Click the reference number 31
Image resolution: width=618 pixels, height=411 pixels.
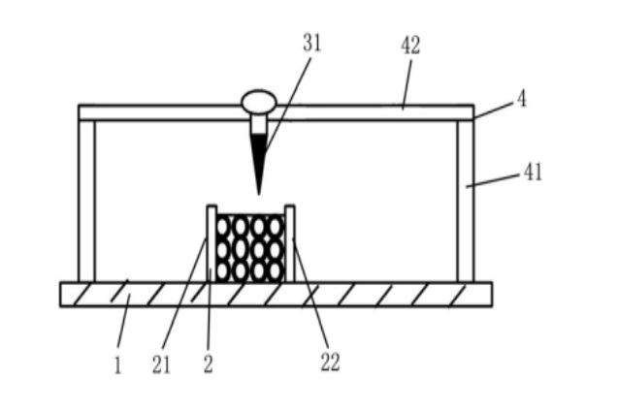(x=311, y=43)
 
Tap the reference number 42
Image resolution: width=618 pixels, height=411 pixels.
(x=410, y=46)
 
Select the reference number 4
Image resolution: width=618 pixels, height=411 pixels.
(x=522, y=99)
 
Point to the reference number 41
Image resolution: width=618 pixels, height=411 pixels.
(x=533, y=172)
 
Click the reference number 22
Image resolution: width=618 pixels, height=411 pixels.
(x=330, y=363)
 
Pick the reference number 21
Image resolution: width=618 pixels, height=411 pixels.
(x=161, y=364)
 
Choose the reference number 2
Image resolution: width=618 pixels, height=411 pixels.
(x=208, y=364)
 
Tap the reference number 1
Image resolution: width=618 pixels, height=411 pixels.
(x=117, y=364)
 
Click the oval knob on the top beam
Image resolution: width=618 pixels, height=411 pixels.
(x=259, y=102)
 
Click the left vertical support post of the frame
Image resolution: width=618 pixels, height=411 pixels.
(x=86, y=202)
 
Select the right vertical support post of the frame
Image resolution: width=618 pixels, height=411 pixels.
(x=466, y=202)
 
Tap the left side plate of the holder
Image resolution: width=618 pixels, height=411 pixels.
(x=211, y=243)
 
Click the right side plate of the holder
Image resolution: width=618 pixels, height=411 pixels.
(x=290, y=243)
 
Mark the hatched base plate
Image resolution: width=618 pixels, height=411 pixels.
(x=276, y=294)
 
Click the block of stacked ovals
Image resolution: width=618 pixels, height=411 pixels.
(x=250, y=248)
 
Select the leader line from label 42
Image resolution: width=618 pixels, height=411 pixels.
(x=407, y=84)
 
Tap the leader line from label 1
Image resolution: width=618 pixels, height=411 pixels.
(x=123, y=321)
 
